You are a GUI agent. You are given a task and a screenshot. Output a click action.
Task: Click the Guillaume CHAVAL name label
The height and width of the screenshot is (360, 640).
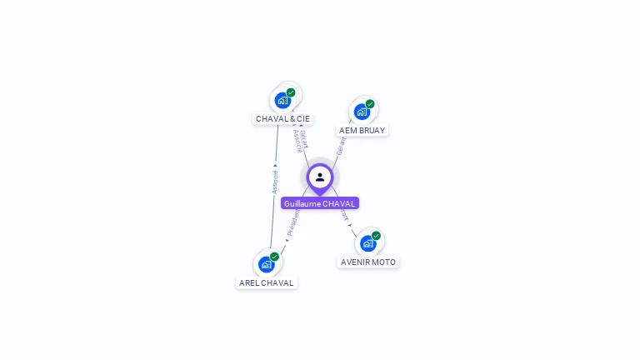coord(319,203)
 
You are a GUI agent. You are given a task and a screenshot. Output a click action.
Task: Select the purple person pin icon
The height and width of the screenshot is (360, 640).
coord(320,177)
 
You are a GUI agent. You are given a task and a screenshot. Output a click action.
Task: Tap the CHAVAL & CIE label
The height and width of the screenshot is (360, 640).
coord(282,118)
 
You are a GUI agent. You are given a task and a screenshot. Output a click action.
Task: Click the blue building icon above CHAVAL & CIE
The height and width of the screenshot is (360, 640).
coord(282,100)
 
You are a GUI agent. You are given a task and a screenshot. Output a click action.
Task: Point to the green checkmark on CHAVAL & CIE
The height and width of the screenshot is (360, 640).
coord(291,92)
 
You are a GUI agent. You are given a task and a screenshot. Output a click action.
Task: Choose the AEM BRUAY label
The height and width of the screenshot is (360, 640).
coord(362,130)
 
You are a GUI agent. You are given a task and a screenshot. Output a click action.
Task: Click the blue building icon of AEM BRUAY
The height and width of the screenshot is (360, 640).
coord(362,112)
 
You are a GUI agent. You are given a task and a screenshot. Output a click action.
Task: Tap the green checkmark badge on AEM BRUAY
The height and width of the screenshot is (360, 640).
coord(370,104)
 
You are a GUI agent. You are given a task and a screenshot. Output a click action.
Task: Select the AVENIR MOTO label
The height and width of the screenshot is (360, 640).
coord(368,262)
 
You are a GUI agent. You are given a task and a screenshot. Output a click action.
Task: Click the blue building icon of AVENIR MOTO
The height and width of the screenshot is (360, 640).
coord(367,243)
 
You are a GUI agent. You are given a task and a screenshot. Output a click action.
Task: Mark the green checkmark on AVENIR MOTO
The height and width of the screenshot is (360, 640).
coord(376,236)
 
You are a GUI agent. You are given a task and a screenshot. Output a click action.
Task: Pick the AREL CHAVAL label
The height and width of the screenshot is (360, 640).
coord(267,282)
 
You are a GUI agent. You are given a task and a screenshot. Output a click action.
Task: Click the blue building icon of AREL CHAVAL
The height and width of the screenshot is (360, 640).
coord(267,264)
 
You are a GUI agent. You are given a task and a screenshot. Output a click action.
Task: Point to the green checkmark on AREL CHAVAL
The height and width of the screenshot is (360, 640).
coord(274,257)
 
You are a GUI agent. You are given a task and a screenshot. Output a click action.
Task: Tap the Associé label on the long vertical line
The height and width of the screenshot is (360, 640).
coord(275,182)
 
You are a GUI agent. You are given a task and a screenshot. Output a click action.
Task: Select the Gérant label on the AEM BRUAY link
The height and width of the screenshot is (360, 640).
coord(340,147)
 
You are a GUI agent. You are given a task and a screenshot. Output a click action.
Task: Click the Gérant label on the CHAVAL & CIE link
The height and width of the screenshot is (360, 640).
coord(304,137)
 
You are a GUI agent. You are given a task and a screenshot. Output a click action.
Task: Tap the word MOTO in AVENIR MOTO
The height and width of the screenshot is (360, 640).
coord(383,262)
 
